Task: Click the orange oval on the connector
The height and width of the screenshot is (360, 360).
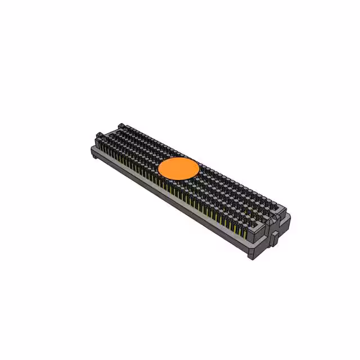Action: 179,168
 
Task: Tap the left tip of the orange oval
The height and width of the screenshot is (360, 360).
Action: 159,167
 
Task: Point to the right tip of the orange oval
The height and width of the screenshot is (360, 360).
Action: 200,168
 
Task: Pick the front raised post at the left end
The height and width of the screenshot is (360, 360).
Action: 100,136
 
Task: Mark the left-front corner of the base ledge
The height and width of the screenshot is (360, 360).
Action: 92,148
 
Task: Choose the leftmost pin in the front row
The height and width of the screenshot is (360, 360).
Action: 105,148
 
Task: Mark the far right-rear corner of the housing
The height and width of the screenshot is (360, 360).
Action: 290,217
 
